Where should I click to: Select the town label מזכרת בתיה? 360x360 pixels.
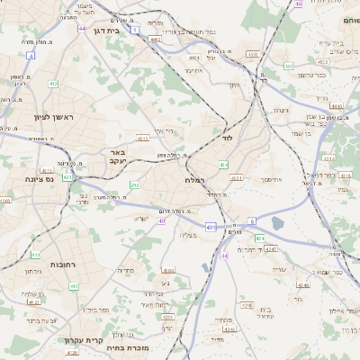(126, 346)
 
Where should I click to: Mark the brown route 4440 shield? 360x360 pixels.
(337, 105)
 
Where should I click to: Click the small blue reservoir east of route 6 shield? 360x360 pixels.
(276, 223)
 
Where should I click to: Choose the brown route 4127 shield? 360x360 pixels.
(34, 302)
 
